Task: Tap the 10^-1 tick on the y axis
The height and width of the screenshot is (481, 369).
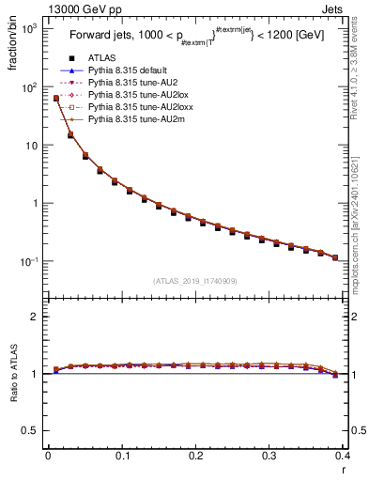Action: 27,261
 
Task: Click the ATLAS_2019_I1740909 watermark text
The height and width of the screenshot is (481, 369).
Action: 193,280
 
